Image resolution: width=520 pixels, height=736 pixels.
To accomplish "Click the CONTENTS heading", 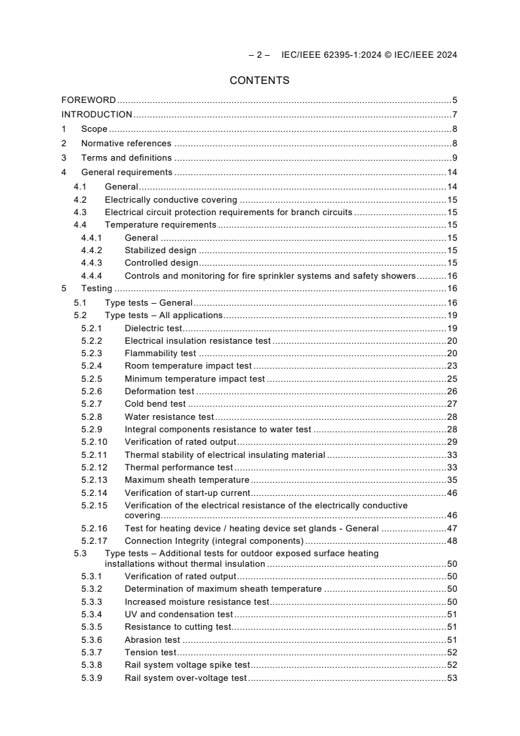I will [260, 81].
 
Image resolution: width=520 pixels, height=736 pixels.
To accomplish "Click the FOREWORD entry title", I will [89, 100].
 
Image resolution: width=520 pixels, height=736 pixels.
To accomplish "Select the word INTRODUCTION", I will [96, 115].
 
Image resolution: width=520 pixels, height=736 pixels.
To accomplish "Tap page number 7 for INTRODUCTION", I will [454, 115].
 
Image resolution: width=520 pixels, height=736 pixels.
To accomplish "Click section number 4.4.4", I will [92, 276].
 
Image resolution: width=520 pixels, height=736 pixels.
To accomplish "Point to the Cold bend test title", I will [155, 403].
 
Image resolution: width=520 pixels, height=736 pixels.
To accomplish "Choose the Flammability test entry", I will [160, 353].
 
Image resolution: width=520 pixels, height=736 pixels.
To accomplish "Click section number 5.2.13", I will [94, 480].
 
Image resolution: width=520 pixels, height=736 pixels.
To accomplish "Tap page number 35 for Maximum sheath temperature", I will [452, 480].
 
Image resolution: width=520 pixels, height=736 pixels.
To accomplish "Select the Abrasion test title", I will [152, 640].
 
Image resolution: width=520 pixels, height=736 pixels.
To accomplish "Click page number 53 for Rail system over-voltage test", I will [452, 678].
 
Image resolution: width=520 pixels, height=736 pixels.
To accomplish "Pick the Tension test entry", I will [150, 652].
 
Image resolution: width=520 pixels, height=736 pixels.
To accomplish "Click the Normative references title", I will [126, 143].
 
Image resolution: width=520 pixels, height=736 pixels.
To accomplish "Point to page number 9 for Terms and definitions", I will [454, 157].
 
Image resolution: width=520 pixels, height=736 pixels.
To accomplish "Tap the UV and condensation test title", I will [178, 614].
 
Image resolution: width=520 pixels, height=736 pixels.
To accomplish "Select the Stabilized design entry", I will [161, 250].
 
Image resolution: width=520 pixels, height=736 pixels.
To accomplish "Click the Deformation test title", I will [159, 391].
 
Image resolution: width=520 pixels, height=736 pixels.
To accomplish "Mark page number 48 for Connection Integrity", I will [452, 541].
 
